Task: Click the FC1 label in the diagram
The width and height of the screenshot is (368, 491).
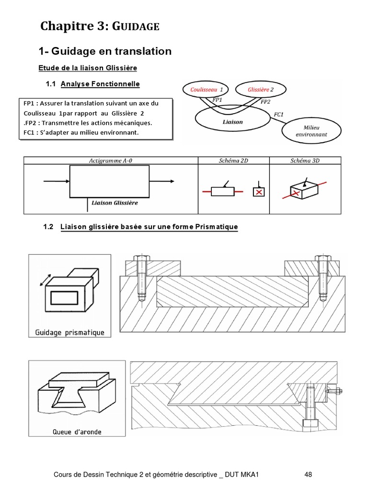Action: [278, 115]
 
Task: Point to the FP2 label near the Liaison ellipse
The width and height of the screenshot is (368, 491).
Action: [265, 102]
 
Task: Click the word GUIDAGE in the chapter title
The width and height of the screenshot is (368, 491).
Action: [136, 27]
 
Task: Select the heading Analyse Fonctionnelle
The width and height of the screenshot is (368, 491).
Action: [100, 84]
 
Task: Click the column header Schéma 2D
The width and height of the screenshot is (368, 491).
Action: [233, 161]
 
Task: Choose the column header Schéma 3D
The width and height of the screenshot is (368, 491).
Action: [305, 161]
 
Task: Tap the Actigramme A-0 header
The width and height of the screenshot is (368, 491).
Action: [111, 161]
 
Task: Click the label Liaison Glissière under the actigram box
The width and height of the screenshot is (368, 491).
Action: [115, 203]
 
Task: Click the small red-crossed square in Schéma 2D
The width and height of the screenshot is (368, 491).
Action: [259, 191]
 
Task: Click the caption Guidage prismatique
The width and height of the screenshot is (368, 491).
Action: [70, 332]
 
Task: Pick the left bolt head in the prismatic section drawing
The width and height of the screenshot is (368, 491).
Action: [141, 258]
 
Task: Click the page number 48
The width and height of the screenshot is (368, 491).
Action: [308, 475]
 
